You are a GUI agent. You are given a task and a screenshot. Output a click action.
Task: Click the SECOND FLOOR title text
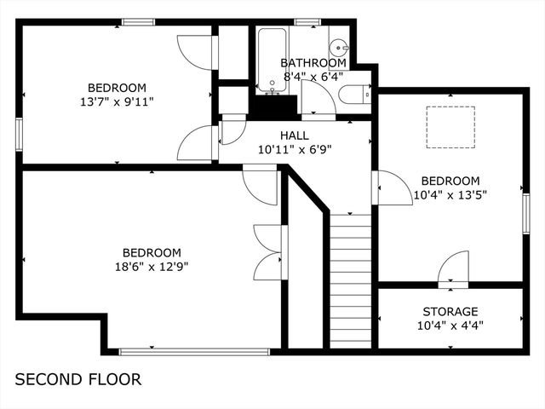(x=78, y=379)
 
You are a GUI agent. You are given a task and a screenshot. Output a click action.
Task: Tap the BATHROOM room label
(x=313, y=63)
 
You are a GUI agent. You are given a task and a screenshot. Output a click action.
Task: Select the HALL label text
(x=295, y=135)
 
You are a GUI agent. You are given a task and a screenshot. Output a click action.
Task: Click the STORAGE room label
(x=450, y=312)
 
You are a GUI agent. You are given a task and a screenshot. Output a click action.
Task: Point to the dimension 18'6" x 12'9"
(x=152, y=266)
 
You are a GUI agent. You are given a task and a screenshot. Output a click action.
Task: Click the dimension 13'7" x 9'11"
(x=117, y=101)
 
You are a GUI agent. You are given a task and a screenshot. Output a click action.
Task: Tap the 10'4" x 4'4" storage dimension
(x=450, y=325)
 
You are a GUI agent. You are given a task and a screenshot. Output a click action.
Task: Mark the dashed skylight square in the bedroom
(x=450, y=127)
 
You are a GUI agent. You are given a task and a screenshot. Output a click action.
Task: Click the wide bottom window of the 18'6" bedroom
(x=194, y=350)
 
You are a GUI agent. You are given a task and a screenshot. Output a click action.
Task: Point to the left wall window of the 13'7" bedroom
(x=19, y=135)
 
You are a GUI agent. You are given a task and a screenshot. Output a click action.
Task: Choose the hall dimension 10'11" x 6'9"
(x=295, y=149)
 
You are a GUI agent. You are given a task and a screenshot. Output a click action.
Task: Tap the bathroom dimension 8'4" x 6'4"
(x=313, y=75)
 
